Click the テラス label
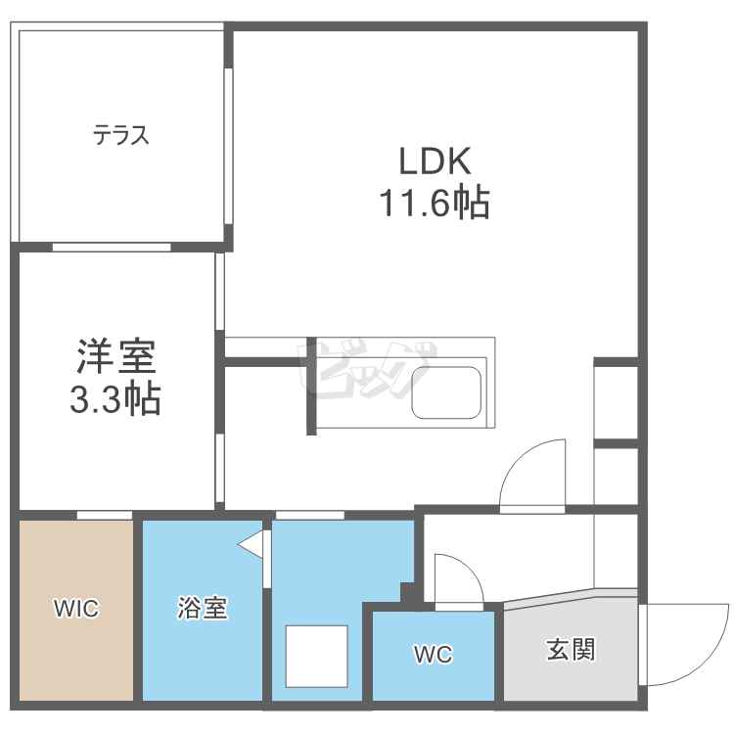121,136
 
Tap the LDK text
435,160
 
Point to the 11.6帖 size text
435,204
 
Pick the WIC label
76,609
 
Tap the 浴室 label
203,609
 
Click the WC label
433,655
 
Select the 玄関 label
571,649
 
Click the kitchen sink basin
446,391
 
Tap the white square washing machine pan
317,657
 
